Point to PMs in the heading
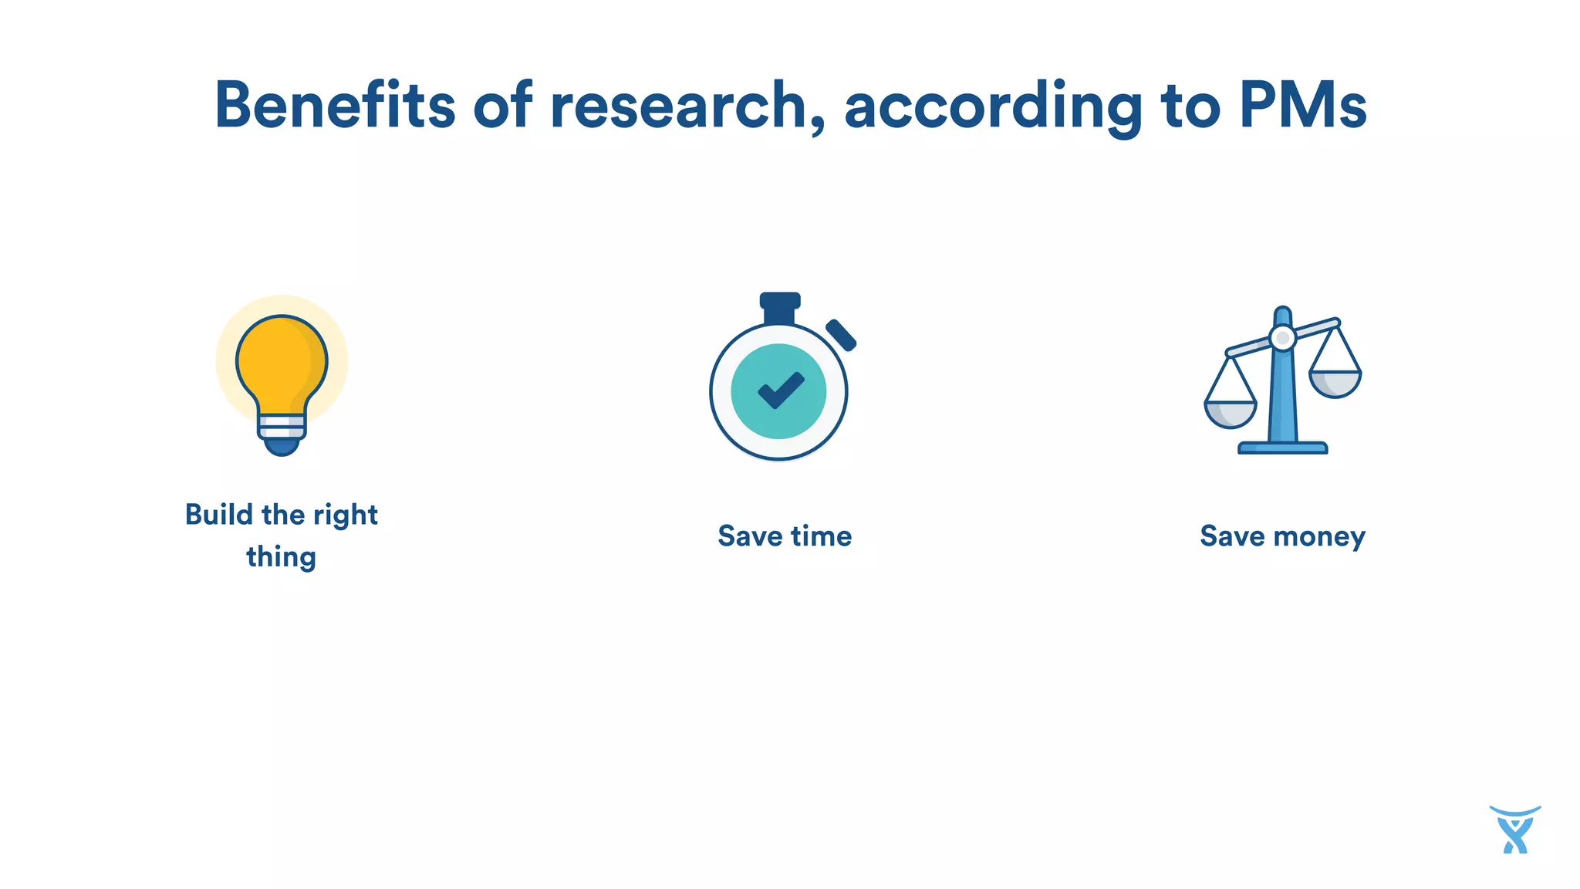coord(1303,105)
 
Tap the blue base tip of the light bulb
coord(282,447)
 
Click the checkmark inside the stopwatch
coord(781,390)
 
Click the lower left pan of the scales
coord(1231,414)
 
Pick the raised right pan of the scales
coord(1335,383)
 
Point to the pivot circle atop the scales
coord(1282,338)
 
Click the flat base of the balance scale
coord(1282,448)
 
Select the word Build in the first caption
coord(219,515)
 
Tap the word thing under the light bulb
coord(282,557)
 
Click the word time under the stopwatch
coord(821,536)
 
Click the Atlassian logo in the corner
coord(1515,830)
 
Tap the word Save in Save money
coord(1233,536)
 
